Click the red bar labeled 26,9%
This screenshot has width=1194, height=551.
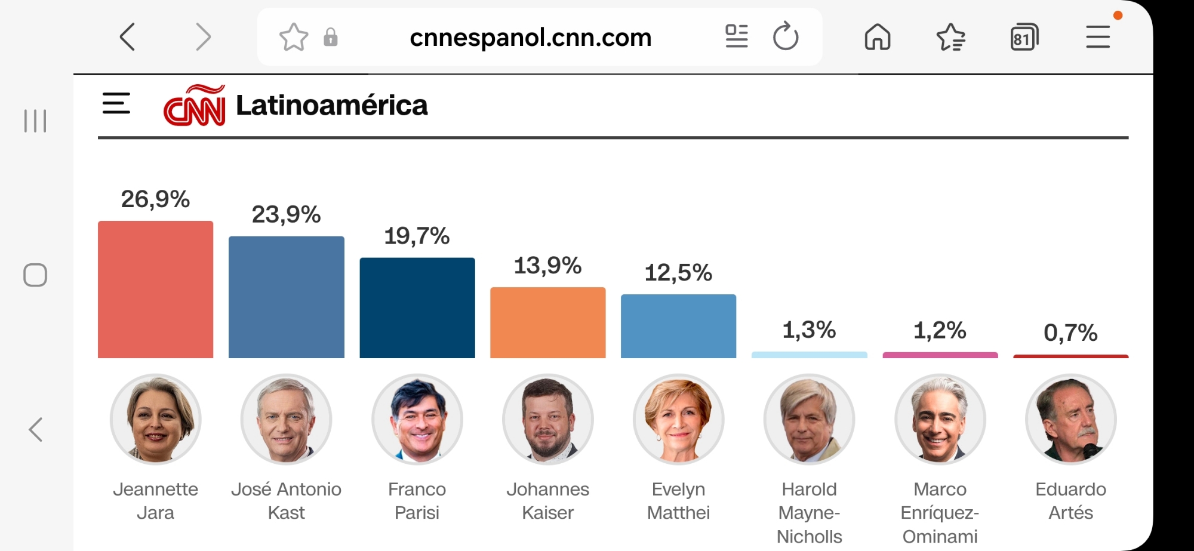[155, 290]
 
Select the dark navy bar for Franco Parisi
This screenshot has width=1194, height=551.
[417, 307]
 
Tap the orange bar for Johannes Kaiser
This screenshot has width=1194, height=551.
[547, 322]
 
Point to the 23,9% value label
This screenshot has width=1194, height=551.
[286, 214]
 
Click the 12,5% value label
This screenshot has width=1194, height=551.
[678, 273]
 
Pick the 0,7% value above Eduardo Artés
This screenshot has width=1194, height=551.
[1070, 333]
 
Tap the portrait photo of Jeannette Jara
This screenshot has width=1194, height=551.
[155, 419]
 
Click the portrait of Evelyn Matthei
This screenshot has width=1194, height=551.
[678, 419]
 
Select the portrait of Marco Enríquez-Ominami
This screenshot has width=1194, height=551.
[940, 419]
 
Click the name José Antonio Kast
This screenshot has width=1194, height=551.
[286, 500]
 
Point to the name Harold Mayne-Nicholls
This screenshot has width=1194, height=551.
[809, 512]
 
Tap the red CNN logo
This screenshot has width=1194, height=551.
[195, 106]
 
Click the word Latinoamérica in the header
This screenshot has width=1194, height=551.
[332, 106]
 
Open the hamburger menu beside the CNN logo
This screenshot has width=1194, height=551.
[116, 103]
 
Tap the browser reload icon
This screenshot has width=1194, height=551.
[785, 37]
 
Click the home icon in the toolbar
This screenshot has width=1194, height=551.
[877, 37]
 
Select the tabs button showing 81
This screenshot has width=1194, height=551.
[1024, 38]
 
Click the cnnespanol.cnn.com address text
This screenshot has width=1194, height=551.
[530, 38]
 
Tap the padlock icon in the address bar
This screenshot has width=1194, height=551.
[330, 38]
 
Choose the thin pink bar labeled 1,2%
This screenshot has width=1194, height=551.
[940, 355]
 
